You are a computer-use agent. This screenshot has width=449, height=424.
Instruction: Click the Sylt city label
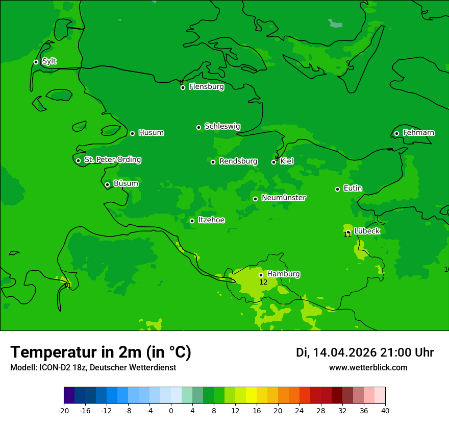49,61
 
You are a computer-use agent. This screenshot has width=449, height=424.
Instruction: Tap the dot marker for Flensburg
183,87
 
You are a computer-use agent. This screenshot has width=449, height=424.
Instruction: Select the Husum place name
151,133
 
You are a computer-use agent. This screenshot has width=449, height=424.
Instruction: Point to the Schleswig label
222,126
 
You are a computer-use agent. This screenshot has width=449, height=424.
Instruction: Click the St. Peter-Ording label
113,160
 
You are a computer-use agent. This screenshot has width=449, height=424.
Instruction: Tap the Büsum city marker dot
107,184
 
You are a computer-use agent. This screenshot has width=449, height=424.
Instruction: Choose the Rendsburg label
238,161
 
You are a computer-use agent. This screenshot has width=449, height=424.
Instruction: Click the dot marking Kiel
274,162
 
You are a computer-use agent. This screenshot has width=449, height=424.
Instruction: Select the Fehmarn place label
418,133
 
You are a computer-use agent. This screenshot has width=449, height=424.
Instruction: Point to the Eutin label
353,189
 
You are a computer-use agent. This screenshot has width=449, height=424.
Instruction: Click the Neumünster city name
284,198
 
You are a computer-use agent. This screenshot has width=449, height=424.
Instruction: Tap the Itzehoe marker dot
192,221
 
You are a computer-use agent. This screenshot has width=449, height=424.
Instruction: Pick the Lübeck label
367,231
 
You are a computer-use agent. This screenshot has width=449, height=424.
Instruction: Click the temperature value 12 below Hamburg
263,282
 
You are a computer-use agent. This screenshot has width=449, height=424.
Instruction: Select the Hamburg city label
283,274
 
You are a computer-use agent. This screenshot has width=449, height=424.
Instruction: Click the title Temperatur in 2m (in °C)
101,352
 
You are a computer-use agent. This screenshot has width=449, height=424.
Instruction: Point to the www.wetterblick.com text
368,368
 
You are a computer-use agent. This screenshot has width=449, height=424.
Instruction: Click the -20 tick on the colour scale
64,410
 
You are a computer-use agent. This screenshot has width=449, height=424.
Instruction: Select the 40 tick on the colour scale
385,410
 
